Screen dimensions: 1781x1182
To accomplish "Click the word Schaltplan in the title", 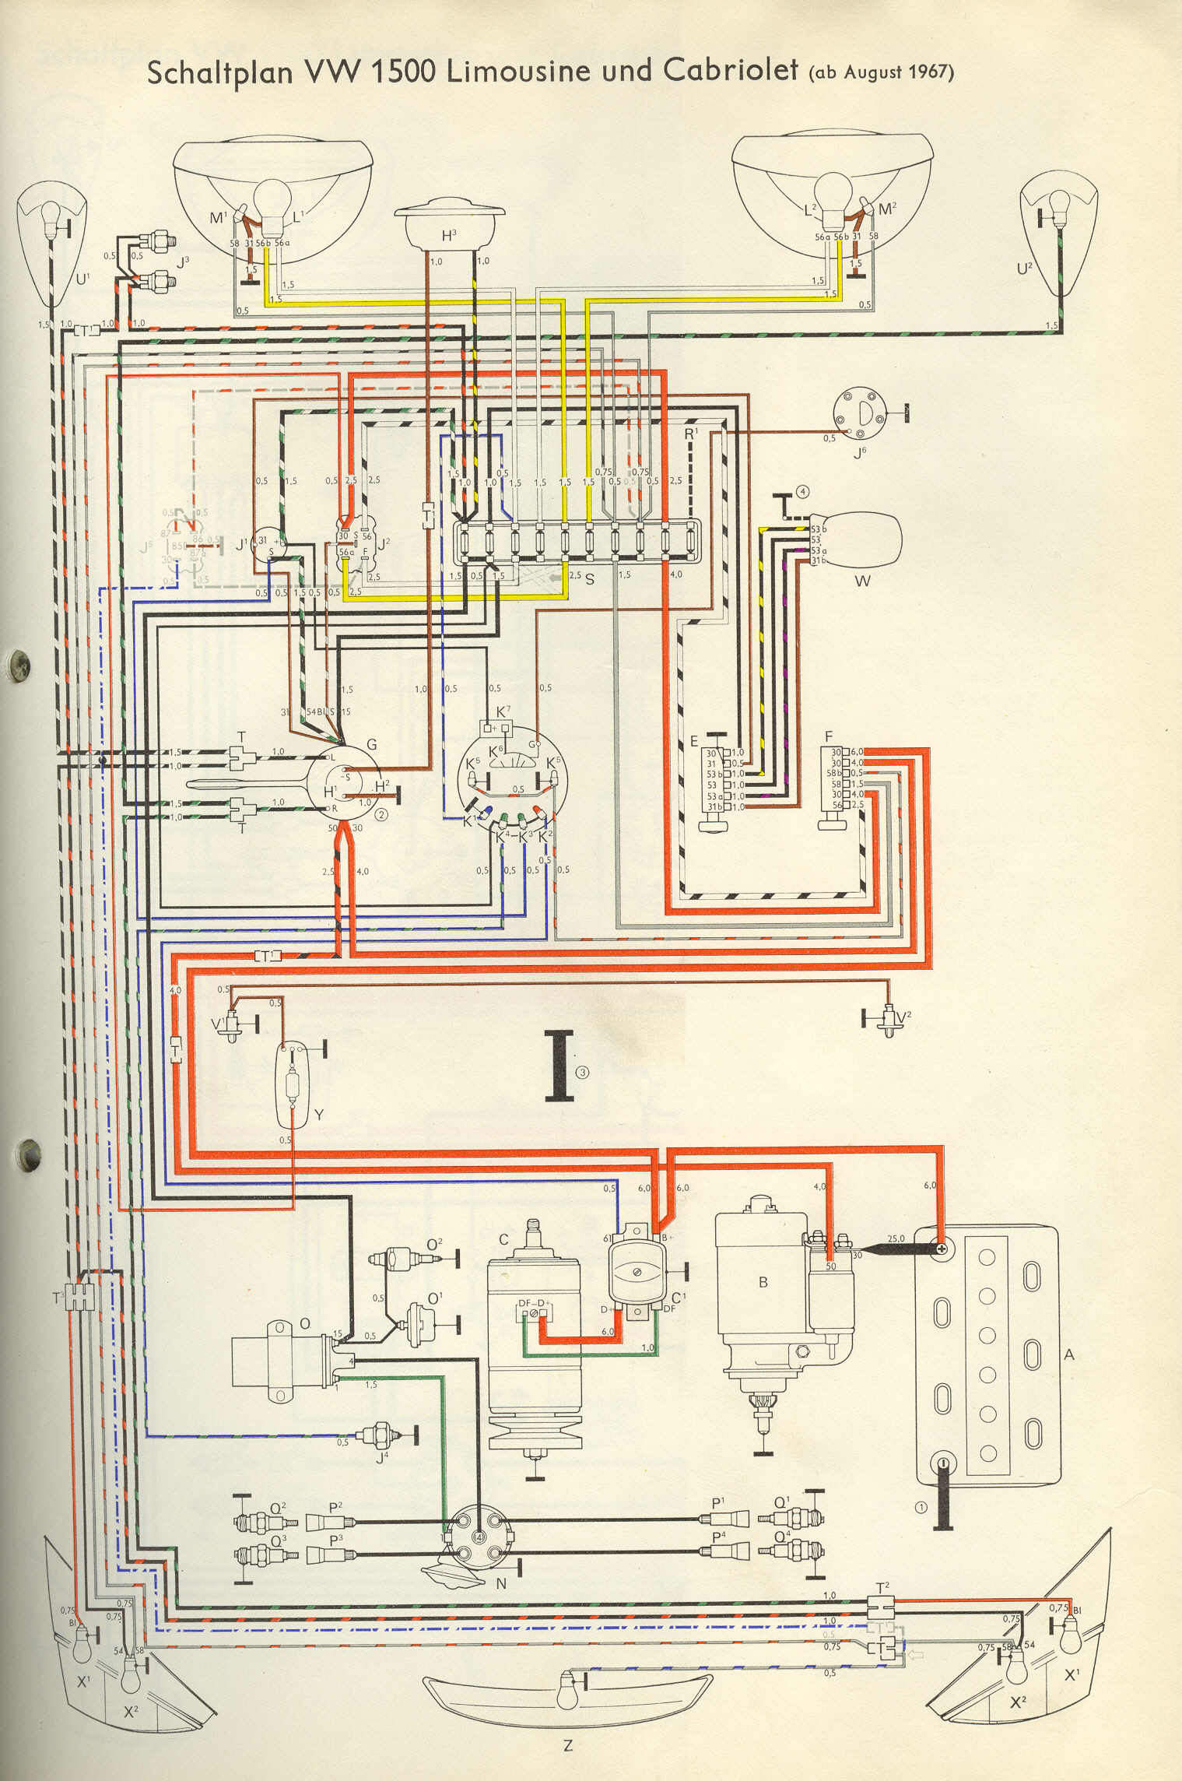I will (220, 72).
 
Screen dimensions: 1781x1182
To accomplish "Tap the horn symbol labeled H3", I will (449, 220).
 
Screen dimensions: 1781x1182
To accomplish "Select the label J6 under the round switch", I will (859, 452).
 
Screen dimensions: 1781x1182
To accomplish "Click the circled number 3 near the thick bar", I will (583, 1072).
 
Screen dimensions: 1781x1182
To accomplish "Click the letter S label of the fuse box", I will (590, 579).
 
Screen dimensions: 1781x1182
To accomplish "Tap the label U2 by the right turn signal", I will (1025, 269).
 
